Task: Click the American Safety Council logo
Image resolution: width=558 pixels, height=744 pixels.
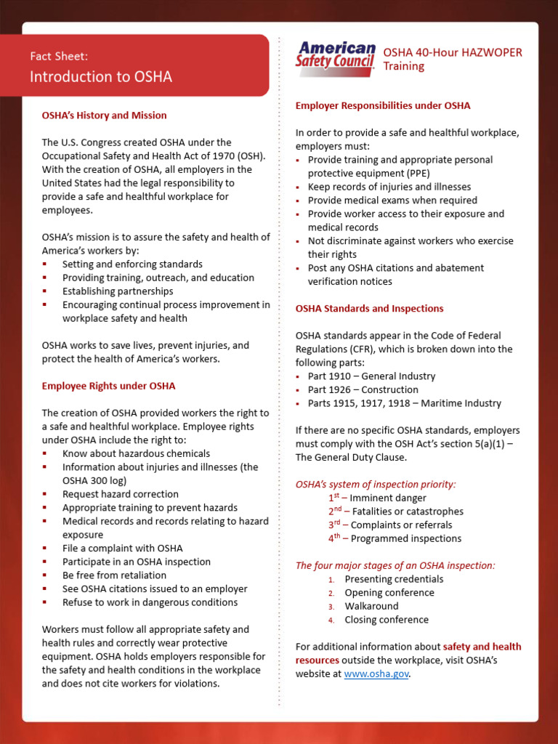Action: point(335,57)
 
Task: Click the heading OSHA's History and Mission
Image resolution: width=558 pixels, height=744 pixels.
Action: point(104,116)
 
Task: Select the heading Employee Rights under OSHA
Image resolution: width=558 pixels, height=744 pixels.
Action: point(108,386)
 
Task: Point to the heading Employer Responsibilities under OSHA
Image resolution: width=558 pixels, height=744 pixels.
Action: point(383,105)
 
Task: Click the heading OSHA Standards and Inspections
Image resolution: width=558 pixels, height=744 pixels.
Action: point(369,308)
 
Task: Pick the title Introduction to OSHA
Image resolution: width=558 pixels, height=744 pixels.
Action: point(101,77)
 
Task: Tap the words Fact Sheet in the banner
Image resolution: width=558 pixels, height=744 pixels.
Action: point(60,56)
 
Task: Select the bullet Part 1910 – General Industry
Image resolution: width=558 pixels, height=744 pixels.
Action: point(371,376)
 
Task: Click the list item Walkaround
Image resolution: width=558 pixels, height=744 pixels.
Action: point(371,606)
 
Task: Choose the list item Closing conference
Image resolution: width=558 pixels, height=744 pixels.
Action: point(387,620)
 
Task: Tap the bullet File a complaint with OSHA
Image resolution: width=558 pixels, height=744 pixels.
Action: point(122,548)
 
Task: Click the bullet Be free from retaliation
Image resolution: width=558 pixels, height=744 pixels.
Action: point(114,575)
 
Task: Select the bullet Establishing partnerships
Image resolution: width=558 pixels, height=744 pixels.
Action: point(118,291)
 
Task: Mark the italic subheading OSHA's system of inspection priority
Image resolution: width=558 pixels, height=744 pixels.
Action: point(376,484)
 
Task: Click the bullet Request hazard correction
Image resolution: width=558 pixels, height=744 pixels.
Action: point(120,494)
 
